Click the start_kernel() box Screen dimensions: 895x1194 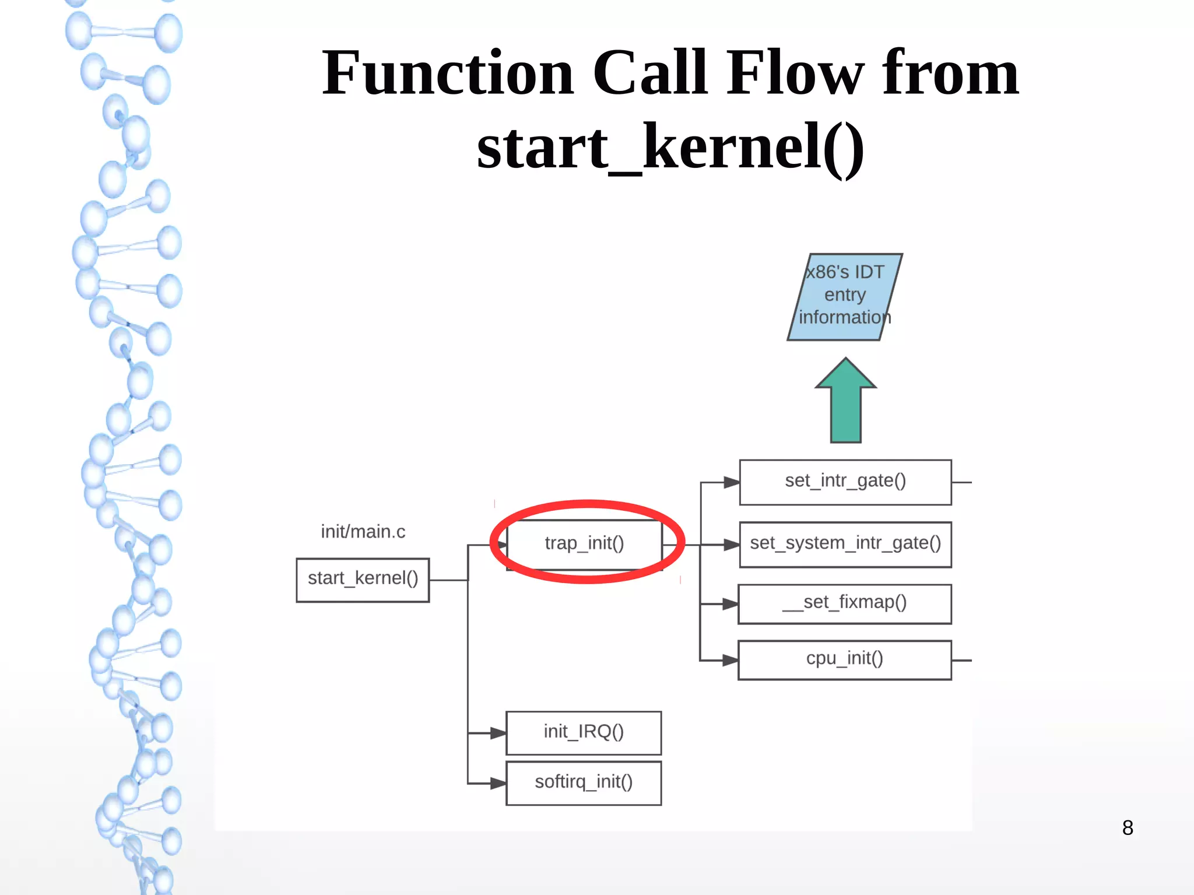[x=363, y=580]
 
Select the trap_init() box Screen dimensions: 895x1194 [x=584, y=543]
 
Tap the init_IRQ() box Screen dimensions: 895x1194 [x=584, y=732]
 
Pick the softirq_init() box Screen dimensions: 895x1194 [x=584, y=782]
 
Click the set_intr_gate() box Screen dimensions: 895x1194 [x=845, y=482]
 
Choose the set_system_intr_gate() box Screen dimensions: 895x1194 [x=845, y=544]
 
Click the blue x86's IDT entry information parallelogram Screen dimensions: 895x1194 [x=845, y=296]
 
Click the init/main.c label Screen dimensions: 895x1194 [x=363, y=531]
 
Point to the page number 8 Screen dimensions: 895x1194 [x=1128, y=827]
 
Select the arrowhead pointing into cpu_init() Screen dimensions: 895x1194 [x=731, y=660]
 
